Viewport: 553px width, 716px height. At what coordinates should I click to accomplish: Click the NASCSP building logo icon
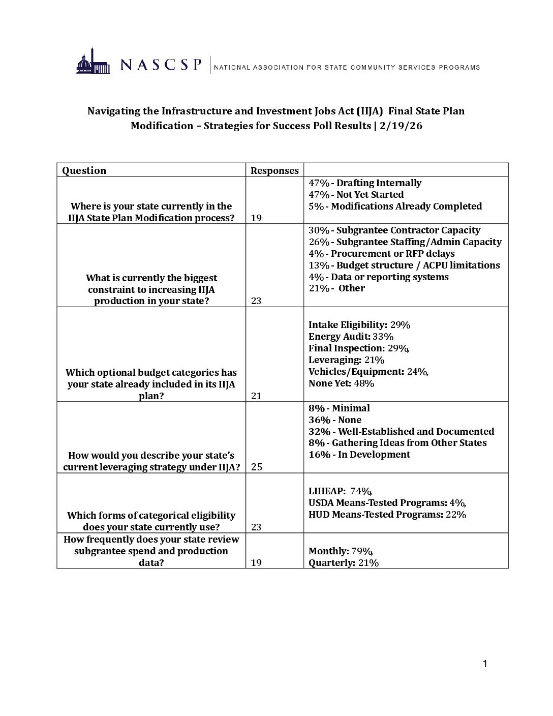[93, 62]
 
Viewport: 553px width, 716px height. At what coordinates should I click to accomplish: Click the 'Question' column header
[84, 170]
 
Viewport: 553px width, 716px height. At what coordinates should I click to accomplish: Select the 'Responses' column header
[274, 171]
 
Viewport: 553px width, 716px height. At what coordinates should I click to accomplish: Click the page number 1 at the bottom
[485, 664]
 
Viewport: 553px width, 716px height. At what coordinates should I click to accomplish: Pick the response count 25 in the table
[257, 467]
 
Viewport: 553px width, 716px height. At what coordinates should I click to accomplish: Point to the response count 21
[256, 396]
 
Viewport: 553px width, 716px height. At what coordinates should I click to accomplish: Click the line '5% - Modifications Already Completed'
[395, 206]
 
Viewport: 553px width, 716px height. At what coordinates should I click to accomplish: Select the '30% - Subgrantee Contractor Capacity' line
[394, 230]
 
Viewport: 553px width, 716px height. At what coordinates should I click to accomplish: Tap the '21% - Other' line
[336, 288]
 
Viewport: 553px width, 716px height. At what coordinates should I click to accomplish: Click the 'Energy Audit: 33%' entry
[351, 337]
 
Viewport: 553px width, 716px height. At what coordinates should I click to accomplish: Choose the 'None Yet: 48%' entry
[341, 383]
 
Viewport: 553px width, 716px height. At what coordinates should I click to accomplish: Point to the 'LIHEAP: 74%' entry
[340, 491]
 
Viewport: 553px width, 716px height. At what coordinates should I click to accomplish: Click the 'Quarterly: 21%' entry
[344, 563]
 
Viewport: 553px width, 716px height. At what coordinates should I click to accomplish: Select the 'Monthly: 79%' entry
[341, 551]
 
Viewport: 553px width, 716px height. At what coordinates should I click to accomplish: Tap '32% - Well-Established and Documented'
[401, 432]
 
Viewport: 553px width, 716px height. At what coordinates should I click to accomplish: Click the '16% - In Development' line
[359, 455]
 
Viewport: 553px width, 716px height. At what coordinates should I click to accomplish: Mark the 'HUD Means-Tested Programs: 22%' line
[387, 515]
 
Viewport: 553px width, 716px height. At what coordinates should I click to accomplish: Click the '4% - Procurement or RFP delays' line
[381, 254]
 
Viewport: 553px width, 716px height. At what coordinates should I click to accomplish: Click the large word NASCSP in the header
[161, 65]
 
